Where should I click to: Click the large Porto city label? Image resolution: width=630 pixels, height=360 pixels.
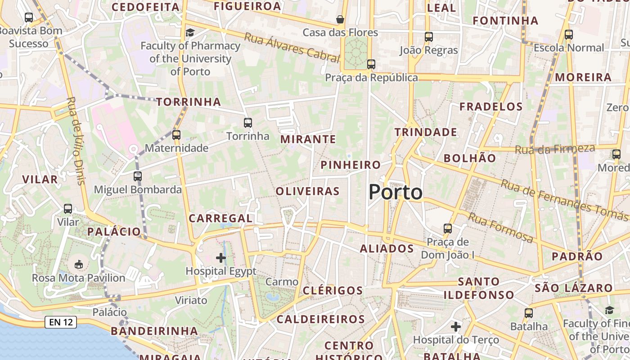[x=396, y=192]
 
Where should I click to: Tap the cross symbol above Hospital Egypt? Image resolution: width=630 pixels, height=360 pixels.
[x=221, y=258]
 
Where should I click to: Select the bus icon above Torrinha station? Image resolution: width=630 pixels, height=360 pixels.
[x=247, y=122]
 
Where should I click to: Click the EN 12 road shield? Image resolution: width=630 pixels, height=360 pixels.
[x=60, y=322]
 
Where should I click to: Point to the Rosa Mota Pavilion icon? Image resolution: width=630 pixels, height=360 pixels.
[x=78, y=264]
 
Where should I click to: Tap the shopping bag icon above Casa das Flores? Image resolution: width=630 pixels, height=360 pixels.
[x=340, y=19]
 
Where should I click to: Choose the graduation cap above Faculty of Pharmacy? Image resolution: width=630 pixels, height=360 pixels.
[x=190, y=32]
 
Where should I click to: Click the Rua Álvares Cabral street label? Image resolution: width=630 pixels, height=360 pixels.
[x=292, y=47]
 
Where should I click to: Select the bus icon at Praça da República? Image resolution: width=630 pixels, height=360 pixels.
[x=371, y=64]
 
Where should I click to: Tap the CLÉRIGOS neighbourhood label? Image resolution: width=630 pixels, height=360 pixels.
[x=333, y=290]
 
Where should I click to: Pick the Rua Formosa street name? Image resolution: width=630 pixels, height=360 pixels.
[x=500, y=228]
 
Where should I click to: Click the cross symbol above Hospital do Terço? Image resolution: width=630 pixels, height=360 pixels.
[x=456, y=326]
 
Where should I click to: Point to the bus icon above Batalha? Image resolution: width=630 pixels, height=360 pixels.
[x=529, y=313]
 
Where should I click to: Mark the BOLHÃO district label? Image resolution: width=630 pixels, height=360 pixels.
[x=470, y=158]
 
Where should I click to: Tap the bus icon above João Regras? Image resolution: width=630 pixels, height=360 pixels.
[x=429, y=37]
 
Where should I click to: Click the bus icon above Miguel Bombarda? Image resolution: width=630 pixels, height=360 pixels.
[x=138, y=176]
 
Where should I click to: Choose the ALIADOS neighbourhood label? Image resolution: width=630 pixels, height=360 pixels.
[x=387, y=248]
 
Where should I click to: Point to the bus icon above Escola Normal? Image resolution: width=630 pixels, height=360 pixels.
[x=569, y=34]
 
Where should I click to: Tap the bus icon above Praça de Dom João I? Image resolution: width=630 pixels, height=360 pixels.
[x=448, y=229]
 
